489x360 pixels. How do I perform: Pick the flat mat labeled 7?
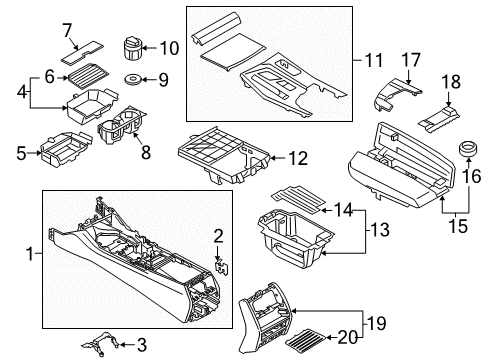(x=21, y=153)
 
